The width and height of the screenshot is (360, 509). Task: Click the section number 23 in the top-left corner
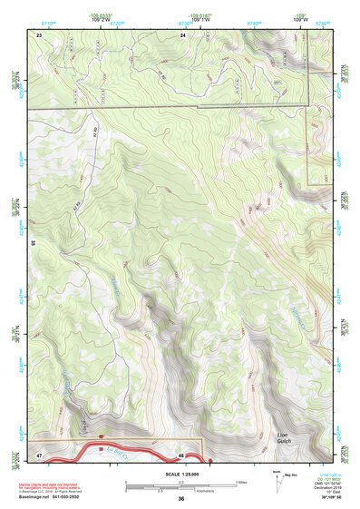[x=40, y=34]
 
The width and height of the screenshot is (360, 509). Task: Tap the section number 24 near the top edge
[x=183, y=34]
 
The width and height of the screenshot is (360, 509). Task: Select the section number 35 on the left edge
[x=33, y=243]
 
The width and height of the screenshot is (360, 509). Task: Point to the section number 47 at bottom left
[x=40, y=452]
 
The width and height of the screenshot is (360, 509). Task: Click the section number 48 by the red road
[x=181, y=455]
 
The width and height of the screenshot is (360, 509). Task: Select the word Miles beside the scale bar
[x=242, y=483]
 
